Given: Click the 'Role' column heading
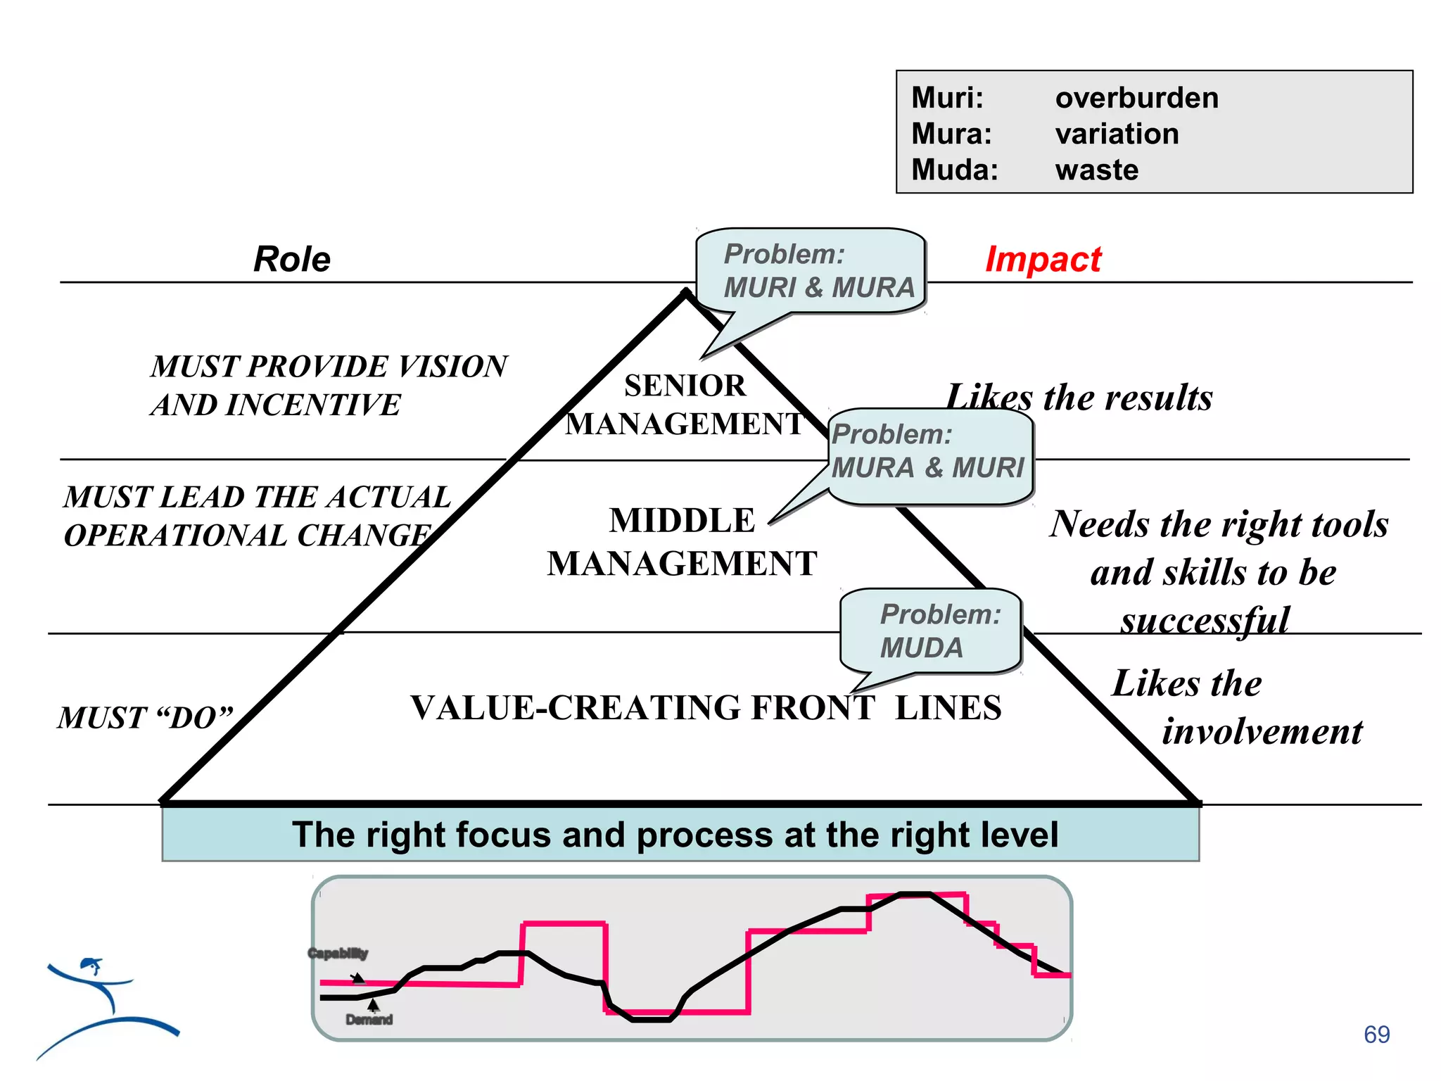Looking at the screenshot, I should click(x=292, y=259).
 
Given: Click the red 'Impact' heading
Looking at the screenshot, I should click(x=1043, y=259).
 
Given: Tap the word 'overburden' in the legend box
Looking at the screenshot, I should click(x=1136, y=98).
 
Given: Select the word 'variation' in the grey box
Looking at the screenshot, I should click(x=1117, y=134).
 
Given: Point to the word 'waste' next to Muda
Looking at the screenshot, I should click(x=1096, y=170).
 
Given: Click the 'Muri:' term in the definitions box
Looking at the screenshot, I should click(x=947, y=98).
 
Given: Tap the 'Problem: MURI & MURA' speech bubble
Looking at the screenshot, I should click(x=811, y=271).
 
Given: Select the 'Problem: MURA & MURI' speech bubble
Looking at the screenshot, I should click(x=929, y=452).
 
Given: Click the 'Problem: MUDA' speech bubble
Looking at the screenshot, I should click(x=930, y=631).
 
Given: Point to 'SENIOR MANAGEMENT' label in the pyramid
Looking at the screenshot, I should click(x=685, y=405).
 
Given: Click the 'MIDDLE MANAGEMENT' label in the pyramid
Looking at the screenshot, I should click(x=682, y=542).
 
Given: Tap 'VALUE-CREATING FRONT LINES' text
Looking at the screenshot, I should click(x=706, y=708).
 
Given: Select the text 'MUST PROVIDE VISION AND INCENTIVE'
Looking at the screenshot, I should click(x=329, y=385).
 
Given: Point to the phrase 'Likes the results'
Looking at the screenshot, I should click(x=1079, y=398).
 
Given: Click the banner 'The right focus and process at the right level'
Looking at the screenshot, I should click(x=675, y=835).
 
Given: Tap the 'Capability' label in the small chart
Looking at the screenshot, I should click(x=338, y=954).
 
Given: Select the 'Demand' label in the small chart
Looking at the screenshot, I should click(x=369, y=1020).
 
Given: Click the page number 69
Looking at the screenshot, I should click(x=1376, y=1035).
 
